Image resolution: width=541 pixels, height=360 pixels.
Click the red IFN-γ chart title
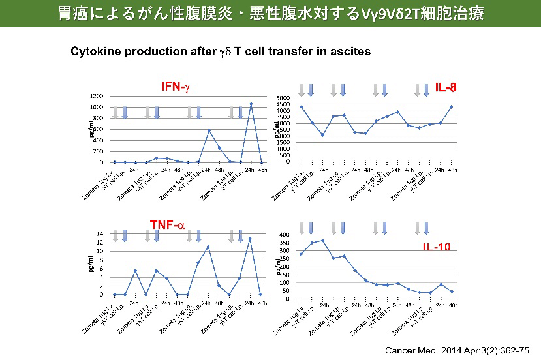click(176, 87)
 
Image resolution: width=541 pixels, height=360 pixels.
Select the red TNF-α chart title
click(167, 224)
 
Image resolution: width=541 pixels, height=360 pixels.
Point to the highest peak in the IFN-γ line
click(251, 104)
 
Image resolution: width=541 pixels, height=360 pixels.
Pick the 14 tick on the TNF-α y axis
click(100, 233)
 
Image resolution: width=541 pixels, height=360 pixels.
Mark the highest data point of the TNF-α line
click(250, 239)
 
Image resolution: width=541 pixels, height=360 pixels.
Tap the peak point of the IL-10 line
click(322, 240)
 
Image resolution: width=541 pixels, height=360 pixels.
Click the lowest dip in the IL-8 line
click(322, 135)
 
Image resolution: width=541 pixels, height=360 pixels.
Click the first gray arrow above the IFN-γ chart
click(115, 112)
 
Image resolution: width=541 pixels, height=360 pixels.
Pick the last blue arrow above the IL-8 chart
click(426, 90)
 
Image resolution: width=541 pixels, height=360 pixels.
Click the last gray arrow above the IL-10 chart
click(418, 228)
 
